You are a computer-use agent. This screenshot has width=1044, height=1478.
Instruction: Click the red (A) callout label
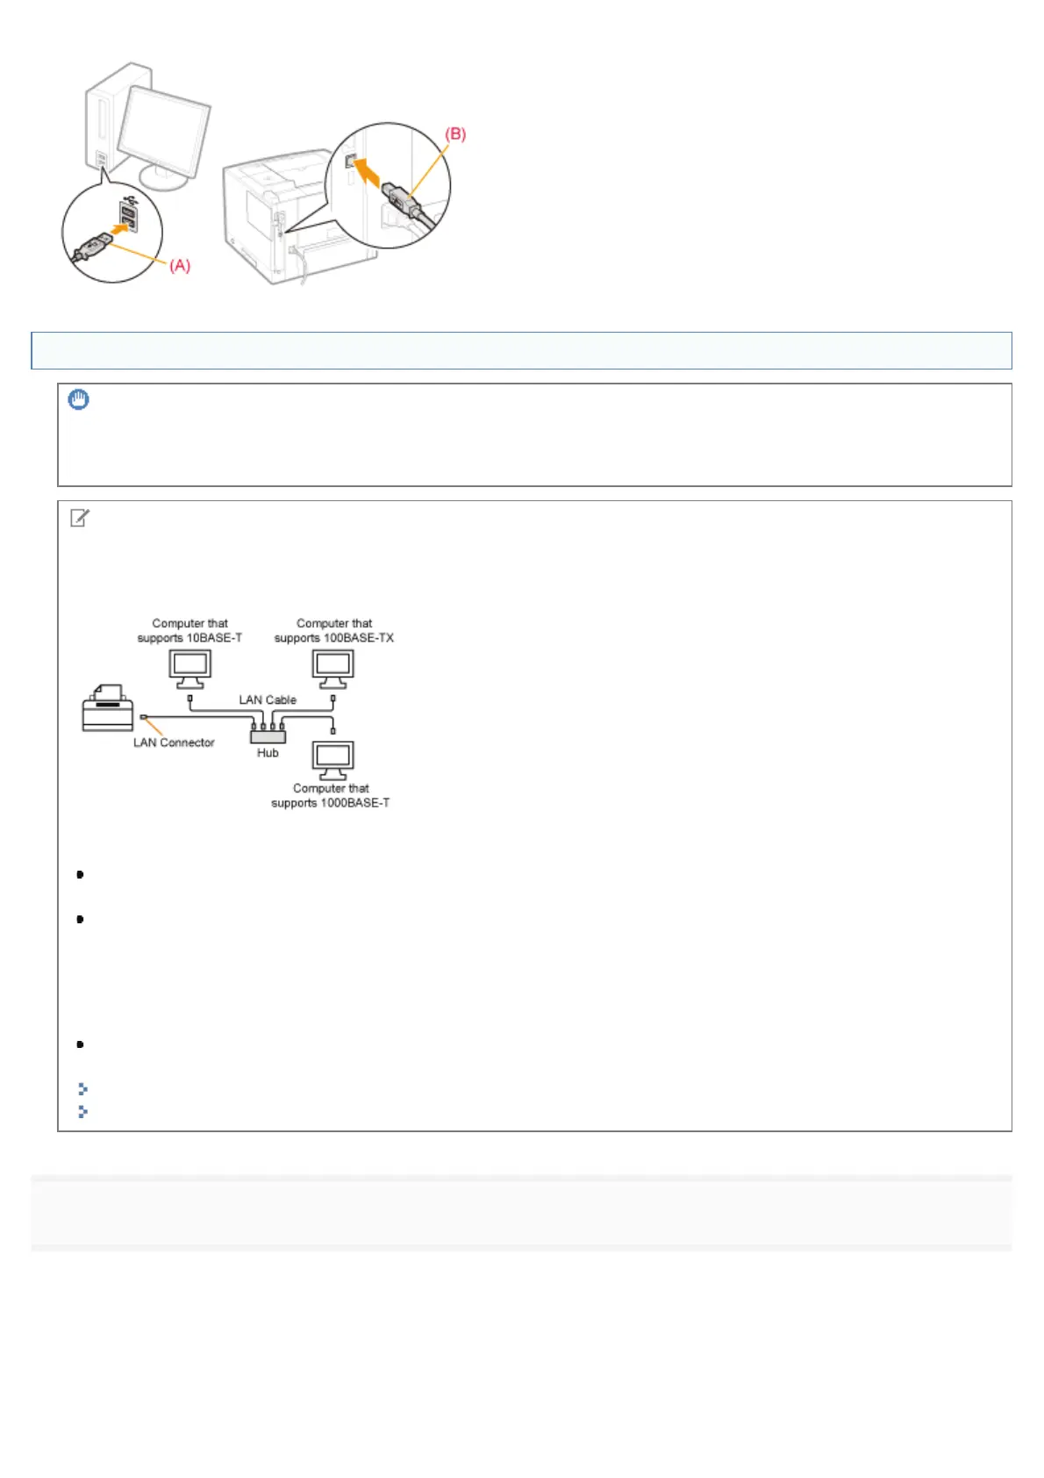(179, 265)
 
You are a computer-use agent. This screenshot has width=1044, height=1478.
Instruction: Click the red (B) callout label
(455, 134)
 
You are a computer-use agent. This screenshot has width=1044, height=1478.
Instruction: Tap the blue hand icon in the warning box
(79, 400)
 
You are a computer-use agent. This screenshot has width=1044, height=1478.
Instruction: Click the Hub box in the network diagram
(268, 735)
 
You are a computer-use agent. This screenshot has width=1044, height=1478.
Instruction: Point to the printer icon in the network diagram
(107, 708)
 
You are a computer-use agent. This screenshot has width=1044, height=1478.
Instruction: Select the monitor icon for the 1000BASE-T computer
(333, 760)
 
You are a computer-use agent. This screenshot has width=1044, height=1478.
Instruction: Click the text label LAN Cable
(268, 700)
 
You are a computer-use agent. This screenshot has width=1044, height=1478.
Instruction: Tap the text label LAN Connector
(174, 743)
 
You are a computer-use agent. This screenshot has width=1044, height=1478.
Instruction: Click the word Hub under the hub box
(268, 753)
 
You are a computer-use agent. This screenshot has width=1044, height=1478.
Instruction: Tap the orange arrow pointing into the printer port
(373, 171)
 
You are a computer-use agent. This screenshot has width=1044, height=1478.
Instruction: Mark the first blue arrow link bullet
(82, 1089)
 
